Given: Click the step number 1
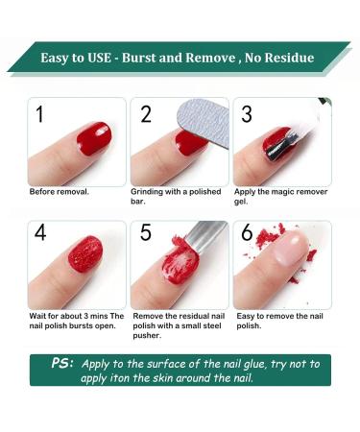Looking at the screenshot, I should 40,115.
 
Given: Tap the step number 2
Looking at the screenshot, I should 146,115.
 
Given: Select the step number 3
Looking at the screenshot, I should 247,115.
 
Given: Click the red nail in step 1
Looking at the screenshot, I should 93,139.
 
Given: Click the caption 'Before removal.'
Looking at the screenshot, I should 59,191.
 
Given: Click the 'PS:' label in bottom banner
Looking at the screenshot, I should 63,364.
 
